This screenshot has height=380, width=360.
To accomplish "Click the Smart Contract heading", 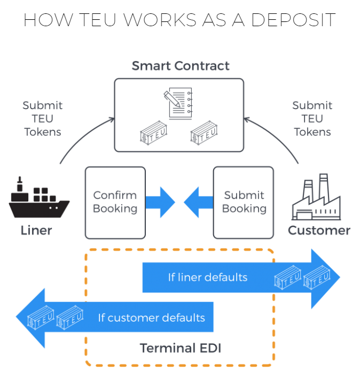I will pos(181,66).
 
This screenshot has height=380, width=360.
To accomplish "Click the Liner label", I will pos(36,230).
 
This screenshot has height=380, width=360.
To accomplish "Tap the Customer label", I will pos(319,230).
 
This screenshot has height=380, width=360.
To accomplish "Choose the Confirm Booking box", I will pos(115,202).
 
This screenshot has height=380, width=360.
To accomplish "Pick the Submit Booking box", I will pos(243,202).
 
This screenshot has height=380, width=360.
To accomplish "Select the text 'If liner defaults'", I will pos(208,277).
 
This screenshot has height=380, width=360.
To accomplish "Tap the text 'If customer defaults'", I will pos(151,317).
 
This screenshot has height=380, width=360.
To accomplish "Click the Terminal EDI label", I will pos(180,348).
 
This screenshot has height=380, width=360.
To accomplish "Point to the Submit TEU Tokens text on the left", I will pos(43,119).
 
